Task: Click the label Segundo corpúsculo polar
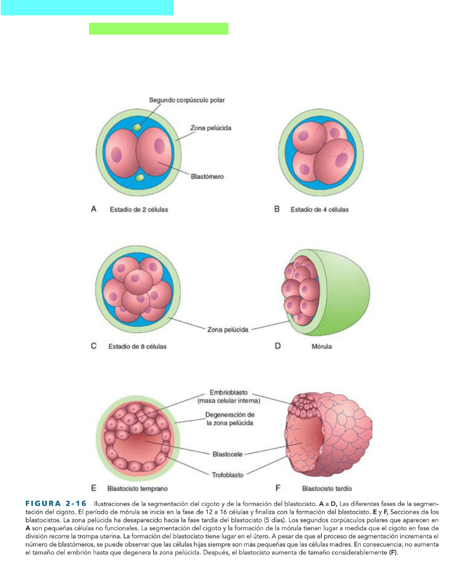[x=187, y=100]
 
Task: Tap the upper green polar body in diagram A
[x=137, y=127]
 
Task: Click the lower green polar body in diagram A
[x=139, y=178]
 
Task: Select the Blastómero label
[x=207, y=177]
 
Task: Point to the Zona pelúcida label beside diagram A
[x=211, y=128]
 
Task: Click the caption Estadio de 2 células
[x=139, y=210]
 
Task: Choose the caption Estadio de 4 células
[x=319, y=210]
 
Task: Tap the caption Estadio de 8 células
[x=137, y=347]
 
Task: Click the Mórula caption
[x=321, y=347]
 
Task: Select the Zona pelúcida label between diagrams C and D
[x=228, y=330]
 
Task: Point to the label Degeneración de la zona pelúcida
[x=230, y=419]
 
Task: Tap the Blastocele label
[x=227, y=454]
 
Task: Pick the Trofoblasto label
[x=227, y=475]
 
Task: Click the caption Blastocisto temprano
[x=137, y=489]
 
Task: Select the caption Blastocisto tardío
[x=327, y=489]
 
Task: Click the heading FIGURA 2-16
[x=56, y=504]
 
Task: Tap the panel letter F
[x=278, y=488]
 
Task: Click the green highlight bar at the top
[x=158, y=29]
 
